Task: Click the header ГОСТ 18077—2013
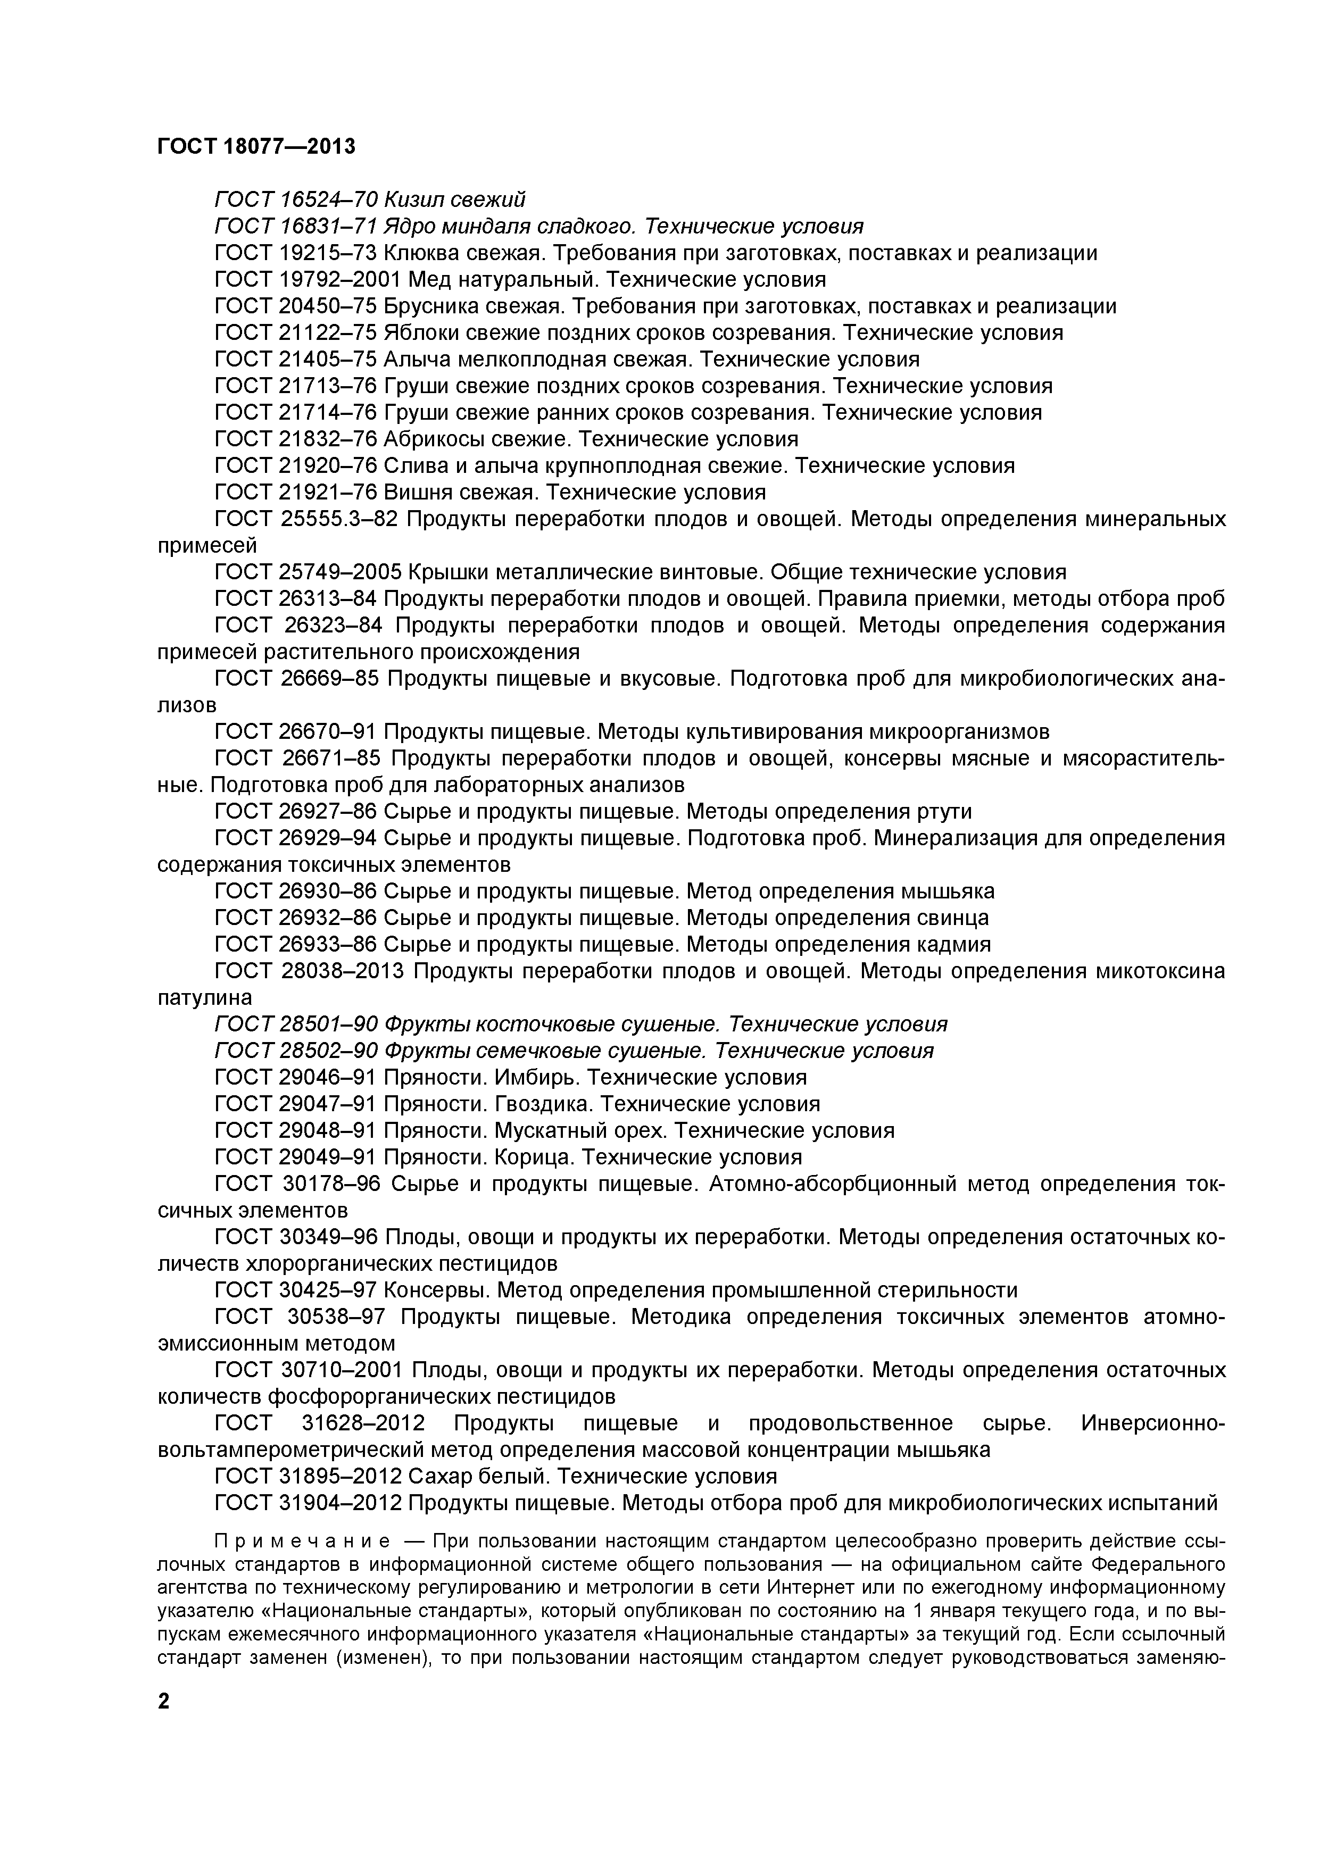tap(256, 146)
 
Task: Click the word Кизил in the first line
tap(413, 199)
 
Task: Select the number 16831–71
tap(329, 226)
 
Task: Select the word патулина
tap(205, 997)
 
